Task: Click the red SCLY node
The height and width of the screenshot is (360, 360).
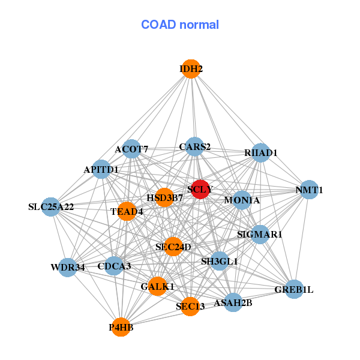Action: [200, 189]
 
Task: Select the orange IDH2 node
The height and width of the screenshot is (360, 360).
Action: [191, 69]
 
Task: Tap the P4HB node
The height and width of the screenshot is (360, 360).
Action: [121, 327]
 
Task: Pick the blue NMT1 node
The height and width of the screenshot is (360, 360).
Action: [309, 190]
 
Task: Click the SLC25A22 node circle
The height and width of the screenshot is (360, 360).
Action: [51, 207]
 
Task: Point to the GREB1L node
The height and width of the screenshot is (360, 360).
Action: [294, 289]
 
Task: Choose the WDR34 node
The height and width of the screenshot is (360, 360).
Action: [67, 268]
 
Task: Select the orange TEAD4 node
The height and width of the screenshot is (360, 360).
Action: [127, 211]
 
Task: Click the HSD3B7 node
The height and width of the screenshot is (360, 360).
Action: [164, 197]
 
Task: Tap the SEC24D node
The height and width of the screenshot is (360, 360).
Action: [173, 247]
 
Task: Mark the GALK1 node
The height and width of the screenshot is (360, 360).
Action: [157, 286]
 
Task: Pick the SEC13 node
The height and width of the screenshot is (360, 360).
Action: [190, 306]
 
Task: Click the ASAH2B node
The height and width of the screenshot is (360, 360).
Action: [233, 302]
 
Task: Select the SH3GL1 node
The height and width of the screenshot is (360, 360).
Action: [220, 261]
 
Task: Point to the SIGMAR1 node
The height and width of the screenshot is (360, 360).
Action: [260, 235]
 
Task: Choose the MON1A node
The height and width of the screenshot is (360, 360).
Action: [242, 200]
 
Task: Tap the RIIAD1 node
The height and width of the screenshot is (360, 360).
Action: [260, 152]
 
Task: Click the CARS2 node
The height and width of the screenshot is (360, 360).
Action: [194, 147]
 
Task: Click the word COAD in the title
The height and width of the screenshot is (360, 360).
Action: [158, 25]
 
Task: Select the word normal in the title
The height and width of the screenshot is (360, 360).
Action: [199, 25]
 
